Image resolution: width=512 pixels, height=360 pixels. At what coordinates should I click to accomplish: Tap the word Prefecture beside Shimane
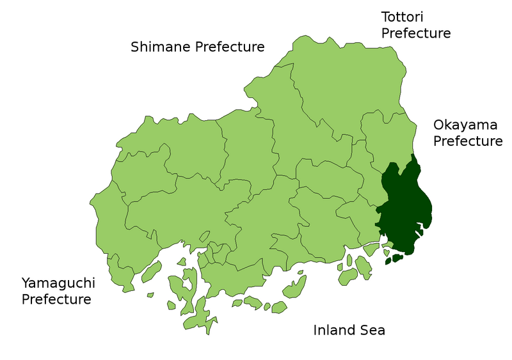(x=227, y=47)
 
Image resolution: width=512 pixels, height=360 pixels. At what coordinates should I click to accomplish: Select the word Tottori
(x=403, y=17)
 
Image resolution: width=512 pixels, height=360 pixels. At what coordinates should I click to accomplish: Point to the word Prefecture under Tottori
(x=417, y=33)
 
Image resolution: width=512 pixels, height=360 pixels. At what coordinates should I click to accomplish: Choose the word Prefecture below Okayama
(x=468, y=141)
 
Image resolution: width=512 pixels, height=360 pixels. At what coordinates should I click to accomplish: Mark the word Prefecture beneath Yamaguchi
(x=56, y=299)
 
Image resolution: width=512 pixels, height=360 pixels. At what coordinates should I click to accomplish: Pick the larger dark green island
(x=396, y=258)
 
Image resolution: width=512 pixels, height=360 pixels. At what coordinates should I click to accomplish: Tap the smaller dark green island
(x=387, y=261)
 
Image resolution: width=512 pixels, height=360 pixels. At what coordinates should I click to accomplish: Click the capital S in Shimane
(x=135, y=47)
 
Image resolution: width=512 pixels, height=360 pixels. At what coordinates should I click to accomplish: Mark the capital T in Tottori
(x=385, y=17)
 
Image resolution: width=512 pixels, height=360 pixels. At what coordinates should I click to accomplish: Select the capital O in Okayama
(x=439, y=125)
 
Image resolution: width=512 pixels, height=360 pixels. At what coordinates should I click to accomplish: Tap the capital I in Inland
(x=315, y=331)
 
